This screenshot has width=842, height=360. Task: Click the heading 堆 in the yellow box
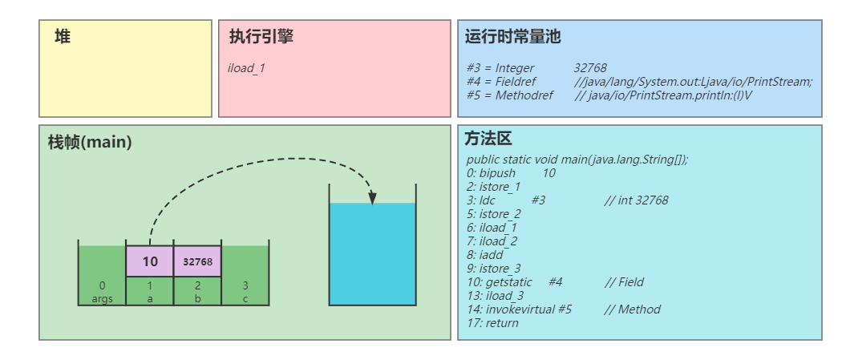click(x=63, y=37)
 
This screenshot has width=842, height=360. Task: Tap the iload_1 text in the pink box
click(x=246, y=68)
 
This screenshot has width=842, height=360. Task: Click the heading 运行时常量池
click(x=512, y=37)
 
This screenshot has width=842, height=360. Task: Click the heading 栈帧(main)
click(x=90, y=142)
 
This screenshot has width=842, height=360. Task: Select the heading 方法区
click(x=488, y=139)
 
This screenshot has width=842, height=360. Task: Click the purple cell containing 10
click(x=150, y=261)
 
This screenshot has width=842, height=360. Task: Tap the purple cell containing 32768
click(x=197, y=261)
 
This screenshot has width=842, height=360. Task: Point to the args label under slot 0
click(x=102, y=298)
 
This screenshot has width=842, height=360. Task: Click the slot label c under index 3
click(x=245, y=298)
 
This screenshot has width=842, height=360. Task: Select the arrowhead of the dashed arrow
click(x=372, y=198)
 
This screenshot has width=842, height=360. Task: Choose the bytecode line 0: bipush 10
click(x=511, y=173)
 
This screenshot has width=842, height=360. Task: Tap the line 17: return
click(x=492, y=323)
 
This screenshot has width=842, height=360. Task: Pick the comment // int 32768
click(x=636, y=200)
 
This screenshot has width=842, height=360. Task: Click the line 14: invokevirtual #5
click(x=519, y=309)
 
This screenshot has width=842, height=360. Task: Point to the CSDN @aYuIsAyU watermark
click(x=786, y=346)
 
